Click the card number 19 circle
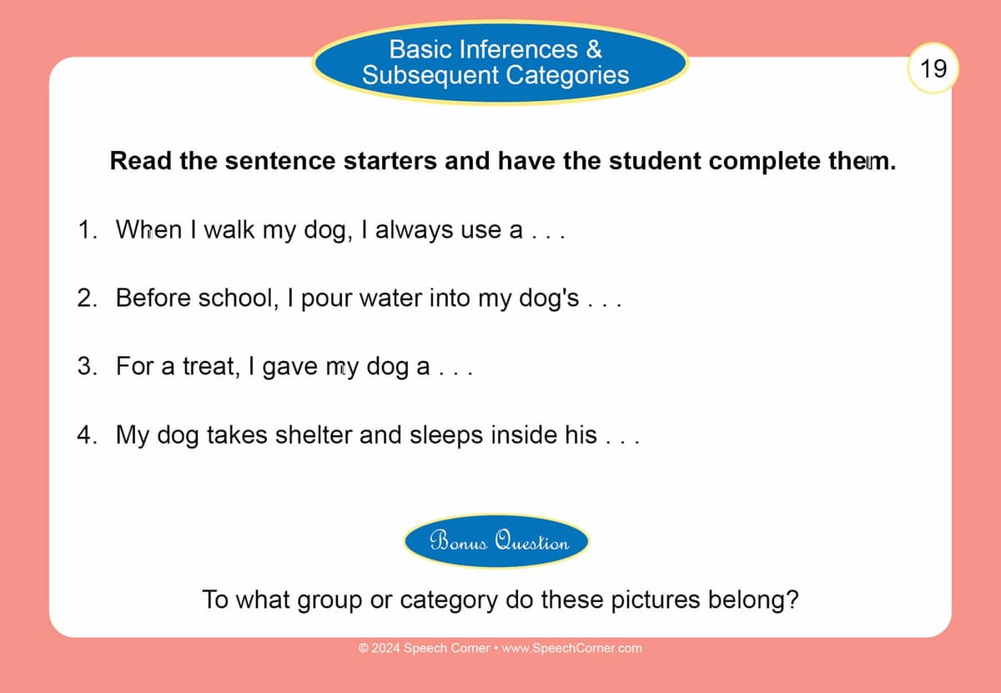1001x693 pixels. [933, 68]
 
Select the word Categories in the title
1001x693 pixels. [567, 74]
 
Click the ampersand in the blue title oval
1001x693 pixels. [594, 49]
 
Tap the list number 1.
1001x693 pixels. [87, 229]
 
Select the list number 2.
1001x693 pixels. [87, 298]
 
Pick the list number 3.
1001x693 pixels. [87, 366]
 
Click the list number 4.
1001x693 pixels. [87, 434]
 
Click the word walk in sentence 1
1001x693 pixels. [229, 229]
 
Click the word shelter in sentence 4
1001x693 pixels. [314, 434]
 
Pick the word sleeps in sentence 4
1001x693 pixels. [446, 435]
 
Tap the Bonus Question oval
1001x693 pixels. [496, 540]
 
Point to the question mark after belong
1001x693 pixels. [792, 599]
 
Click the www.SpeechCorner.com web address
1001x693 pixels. [571, 648]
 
